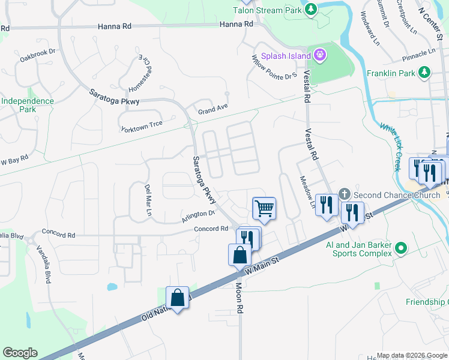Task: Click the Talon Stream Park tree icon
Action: click(311, 9)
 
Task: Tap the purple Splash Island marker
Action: click(321, 56)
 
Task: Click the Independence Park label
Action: click(27, 105)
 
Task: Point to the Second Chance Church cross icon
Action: click(345, 194)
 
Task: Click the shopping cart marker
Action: click(264, 209)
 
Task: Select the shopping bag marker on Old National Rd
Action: click(178, 297)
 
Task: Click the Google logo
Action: click(20, 353)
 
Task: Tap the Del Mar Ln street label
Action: click(147, 200)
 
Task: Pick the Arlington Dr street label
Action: click(198, 217)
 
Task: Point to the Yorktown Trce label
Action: click(142, 128)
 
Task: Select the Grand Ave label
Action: click(214, 110)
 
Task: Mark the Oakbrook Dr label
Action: click(37, 55)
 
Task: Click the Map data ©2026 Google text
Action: click(411, 355)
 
